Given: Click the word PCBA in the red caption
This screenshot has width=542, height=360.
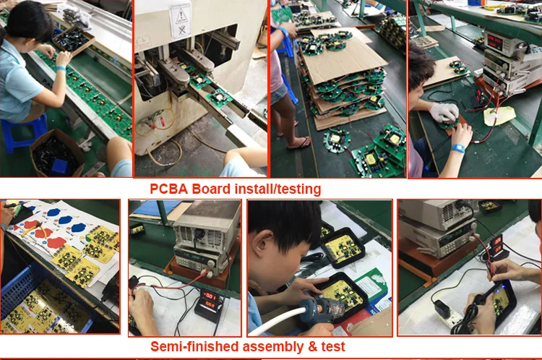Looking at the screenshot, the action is (x=168, y=189).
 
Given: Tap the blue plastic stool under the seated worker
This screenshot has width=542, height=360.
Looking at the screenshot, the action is (x=24, y=132).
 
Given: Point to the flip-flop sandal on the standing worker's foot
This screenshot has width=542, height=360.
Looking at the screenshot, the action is (x=298, y=143).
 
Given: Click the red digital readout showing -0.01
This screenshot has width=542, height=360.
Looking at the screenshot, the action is (x=210, y=296).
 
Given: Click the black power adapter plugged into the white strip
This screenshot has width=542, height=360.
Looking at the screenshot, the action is (x=442, y=309).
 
